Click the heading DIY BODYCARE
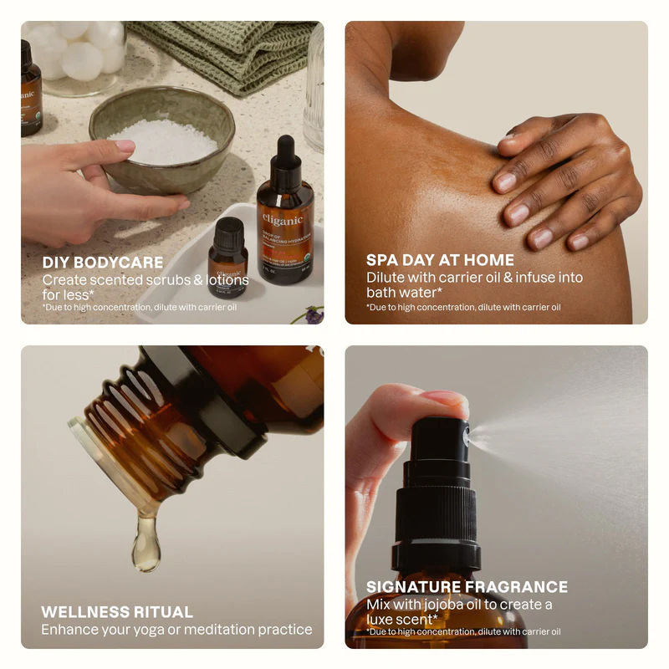(103, 263)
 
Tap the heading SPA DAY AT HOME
(440, 260)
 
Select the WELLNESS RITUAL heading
(117, 611)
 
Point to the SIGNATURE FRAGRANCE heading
(467, 587)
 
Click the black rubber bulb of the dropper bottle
(286, 156)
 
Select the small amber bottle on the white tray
(227, 258)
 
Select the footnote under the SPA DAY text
(462, 308)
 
